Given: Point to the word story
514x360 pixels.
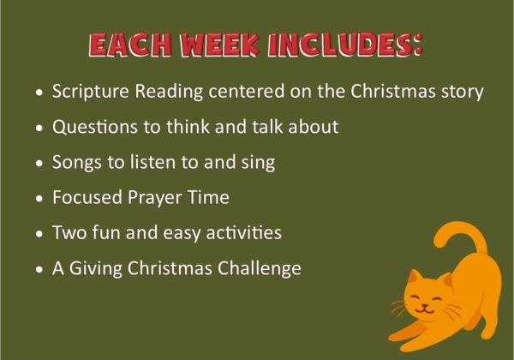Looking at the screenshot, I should tap(463, 91).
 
